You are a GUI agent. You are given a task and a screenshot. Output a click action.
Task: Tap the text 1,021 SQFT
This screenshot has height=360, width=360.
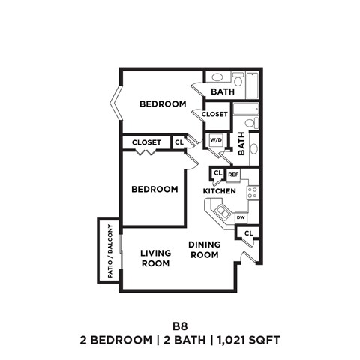tap(248, 340)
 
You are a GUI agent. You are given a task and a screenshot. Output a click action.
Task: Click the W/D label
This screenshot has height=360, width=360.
tap(216, 140)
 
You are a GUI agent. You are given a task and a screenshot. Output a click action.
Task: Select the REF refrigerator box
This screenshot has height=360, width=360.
tap(233, 175)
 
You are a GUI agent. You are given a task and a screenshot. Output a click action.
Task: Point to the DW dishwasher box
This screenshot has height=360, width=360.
tap(241, 217)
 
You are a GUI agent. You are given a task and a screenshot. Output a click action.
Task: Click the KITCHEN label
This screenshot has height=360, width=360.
tap(220, 192)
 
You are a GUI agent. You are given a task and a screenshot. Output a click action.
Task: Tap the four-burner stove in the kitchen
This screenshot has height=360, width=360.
tap(252, 192)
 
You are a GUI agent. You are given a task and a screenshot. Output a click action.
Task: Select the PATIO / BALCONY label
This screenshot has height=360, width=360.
tap(109, 251)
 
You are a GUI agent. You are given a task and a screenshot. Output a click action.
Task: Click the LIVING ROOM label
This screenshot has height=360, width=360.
tap(156, 258)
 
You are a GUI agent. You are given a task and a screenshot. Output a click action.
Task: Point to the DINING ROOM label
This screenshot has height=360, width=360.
tap(203, 250)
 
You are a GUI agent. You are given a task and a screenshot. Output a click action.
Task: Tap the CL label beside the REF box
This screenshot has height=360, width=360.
tap(217, 174)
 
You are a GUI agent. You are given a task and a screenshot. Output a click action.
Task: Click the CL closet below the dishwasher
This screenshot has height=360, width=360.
tap(247, 235)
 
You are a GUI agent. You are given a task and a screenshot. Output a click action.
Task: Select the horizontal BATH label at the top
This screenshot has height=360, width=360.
tap(222, 91)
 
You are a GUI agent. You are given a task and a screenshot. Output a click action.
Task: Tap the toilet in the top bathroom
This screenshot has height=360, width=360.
tap(238, 79)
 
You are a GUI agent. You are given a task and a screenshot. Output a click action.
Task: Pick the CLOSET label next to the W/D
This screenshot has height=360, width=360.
tap(214, 115)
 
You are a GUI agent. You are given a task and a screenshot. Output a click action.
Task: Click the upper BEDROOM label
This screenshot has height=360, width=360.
tap(162, 103)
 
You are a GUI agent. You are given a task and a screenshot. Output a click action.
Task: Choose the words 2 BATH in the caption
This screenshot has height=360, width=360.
tap(179, 340)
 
